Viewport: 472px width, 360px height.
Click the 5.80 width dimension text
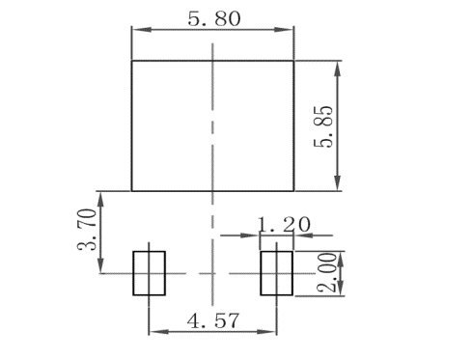point(211,17)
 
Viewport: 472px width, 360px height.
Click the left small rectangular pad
point(149,273)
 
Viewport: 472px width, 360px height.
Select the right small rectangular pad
point(276,273)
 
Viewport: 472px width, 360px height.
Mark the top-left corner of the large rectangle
point(131,61)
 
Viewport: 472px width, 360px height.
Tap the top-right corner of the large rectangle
point(292,61)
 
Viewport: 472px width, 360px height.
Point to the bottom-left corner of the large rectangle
point(131,190)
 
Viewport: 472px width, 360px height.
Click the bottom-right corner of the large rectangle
point(292,190)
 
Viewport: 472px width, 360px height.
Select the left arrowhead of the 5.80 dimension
point(136,30)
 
